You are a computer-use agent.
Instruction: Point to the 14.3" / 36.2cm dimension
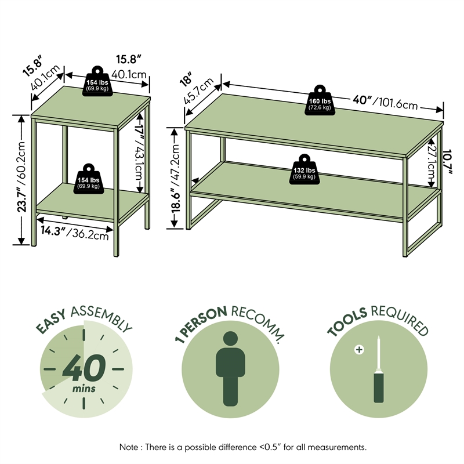click(74, 232)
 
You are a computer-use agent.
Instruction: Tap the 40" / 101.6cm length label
click(385, 102)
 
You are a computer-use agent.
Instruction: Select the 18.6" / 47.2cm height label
click(176, 180)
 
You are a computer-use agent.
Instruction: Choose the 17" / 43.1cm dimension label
click(139, 154)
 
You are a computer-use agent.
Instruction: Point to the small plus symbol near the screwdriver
click(359, 350)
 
